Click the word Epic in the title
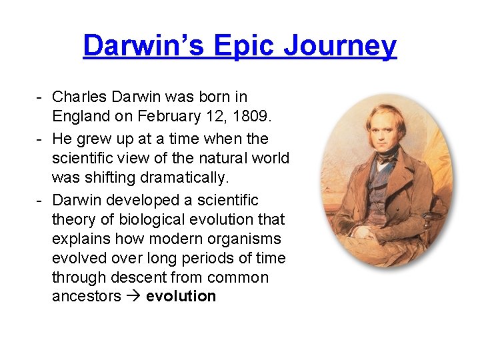pos(236,46)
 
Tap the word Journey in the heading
pos(340,46)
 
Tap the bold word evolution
pos(181,296)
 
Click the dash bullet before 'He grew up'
pos(41,139)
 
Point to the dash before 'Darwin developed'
pos(41,200)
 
